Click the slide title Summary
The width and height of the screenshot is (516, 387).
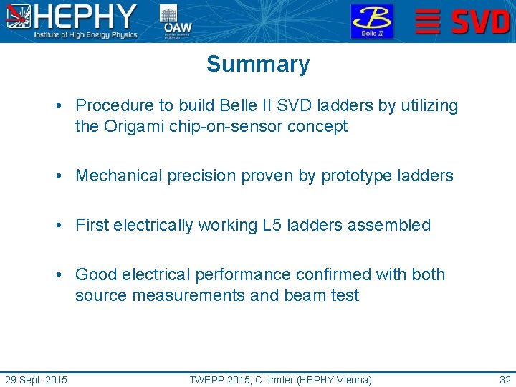click(258, 64)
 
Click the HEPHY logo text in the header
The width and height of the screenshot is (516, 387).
click(86, 16)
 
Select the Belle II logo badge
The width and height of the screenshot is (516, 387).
click(371, 21)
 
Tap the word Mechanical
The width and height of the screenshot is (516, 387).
click(119, 176)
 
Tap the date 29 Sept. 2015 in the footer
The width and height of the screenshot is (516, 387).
click(36, 380)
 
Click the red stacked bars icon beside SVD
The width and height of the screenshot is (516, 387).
click(428, 21)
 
